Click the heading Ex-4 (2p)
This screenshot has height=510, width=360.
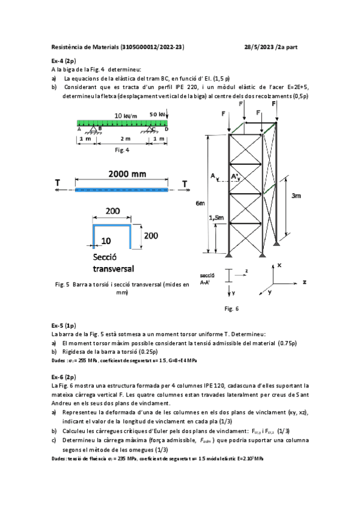64,61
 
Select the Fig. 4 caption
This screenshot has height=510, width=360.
123,150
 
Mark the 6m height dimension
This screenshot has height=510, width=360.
200,203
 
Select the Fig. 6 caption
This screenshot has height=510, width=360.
231,309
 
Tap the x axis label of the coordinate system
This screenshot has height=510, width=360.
279,265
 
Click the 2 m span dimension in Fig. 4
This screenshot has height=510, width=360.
124,140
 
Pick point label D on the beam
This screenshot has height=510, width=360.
166,128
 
